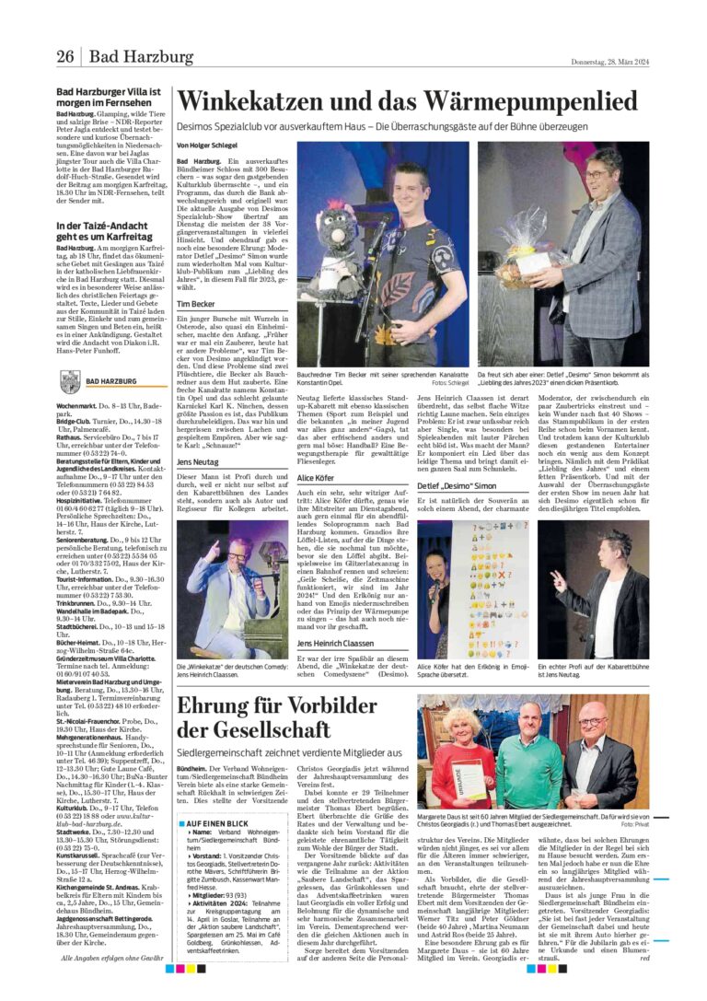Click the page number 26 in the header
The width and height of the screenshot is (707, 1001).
[x=65, y=57]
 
